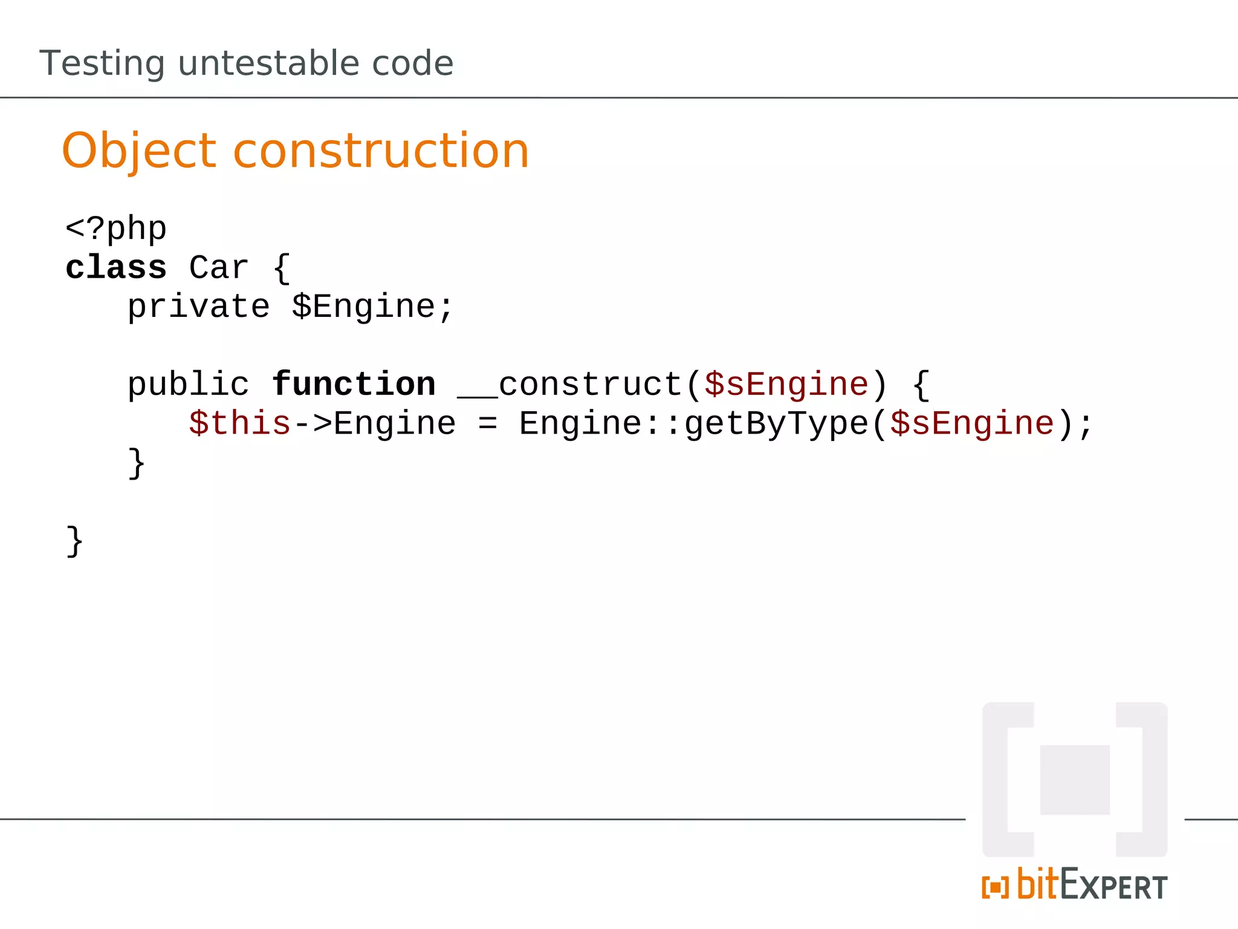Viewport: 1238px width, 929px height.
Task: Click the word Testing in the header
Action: [102, 64]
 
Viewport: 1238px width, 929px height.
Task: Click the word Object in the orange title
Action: [139, 151]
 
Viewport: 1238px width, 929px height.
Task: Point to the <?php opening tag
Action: [115, 229]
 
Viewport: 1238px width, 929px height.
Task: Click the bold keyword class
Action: [115, 267]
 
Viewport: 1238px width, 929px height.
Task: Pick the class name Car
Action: [219, 267]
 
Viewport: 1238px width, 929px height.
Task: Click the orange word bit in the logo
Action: [1038, 884]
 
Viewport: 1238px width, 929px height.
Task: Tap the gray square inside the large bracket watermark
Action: [1075, 780]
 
